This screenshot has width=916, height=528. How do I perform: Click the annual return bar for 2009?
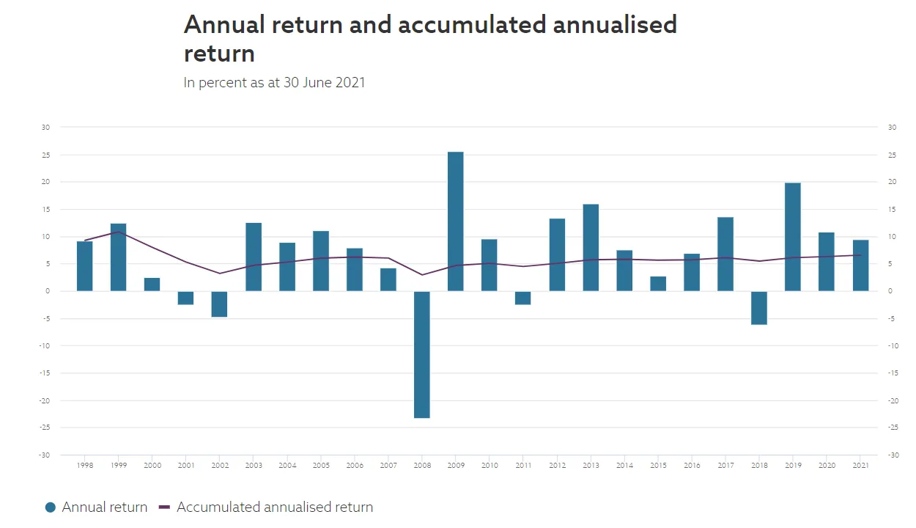(x=455, y=221)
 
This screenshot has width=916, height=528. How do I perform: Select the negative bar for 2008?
(x=421, y=354)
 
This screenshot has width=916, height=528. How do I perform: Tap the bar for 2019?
(x=792, y=237)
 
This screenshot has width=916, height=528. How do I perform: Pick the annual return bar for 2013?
(x=591, y=248)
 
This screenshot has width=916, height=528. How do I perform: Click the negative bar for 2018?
(x=758, y=308)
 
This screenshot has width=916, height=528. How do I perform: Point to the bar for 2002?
(x=219, y=304)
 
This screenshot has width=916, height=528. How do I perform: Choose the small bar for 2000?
(x=152, y=285)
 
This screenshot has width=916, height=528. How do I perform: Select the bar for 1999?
(x=118, y=257)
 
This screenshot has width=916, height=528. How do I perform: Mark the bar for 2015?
(x=658, y=284)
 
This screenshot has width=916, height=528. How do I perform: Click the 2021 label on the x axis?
(x=860, y=466)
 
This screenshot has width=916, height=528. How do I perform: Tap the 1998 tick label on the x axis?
(x=85, y=466)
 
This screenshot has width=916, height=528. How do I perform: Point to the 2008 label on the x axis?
(x=421, y=466)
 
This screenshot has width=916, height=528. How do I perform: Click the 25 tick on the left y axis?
(x=45, y=155)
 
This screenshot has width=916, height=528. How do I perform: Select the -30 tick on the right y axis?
(x=893, y=455)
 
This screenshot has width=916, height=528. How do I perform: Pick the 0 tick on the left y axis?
(x=48, y=291)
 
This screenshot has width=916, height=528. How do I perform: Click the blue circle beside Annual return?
(x=51, y=507)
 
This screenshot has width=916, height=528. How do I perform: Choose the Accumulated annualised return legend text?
(x=275, y=507)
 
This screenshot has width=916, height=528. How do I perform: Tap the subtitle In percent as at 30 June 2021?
(x=274, y=82)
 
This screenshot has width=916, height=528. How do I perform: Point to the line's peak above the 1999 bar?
(x=118, y=232)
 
